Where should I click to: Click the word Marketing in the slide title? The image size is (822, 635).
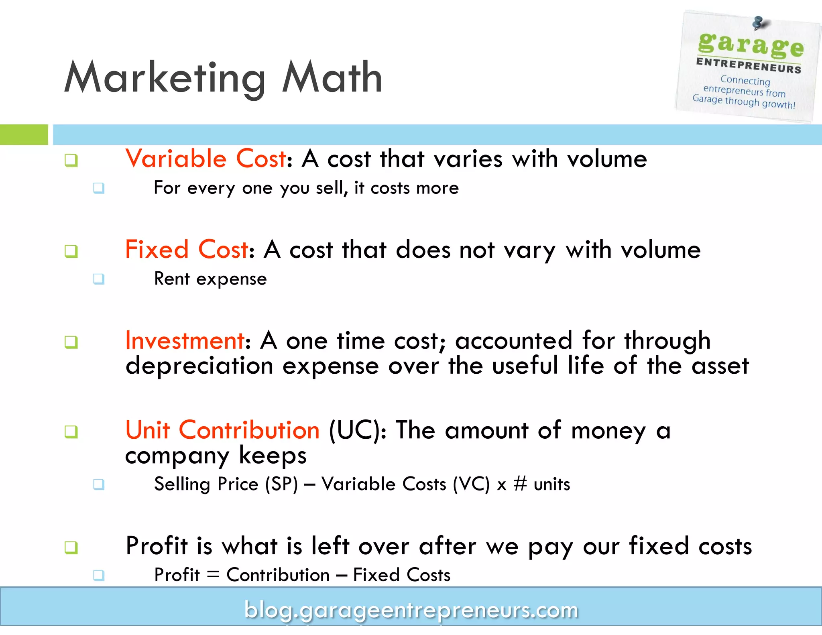165,78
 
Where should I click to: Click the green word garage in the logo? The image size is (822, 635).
751,45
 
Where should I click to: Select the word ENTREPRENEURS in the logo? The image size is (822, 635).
749,65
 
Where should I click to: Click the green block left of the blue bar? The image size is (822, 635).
24,134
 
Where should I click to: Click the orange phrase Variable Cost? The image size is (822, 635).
206,159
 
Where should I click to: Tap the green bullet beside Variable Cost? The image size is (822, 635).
71,160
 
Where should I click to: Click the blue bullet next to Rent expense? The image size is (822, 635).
99,279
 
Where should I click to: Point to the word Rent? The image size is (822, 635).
172,279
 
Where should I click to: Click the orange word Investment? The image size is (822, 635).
185,340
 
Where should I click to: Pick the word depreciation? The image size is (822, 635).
199,366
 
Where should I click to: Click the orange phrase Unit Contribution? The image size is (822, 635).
222,430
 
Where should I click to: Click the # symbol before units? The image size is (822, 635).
520,484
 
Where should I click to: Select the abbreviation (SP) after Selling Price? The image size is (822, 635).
281,484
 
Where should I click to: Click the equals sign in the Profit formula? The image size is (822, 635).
213,574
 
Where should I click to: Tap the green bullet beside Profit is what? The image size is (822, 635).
71,547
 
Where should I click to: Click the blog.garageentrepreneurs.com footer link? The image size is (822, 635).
411,610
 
